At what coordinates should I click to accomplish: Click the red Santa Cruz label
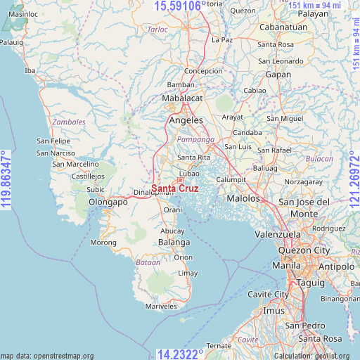click(x=174, y=188)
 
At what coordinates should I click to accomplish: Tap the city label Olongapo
click(x=108, y=202)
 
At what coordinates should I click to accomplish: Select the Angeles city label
click(x=186, y=120)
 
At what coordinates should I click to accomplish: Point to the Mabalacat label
click(x=182, y=98)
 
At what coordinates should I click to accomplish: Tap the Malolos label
click(x=240, y=199)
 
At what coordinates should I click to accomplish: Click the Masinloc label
click(x=23, y=14)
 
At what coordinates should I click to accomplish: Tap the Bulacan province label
click(x=320, y=160)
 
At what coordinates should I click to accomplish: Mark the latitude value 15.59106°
click(x=180, y=6)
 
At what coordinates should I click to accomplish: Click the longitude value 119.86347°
click(x=6, y=179)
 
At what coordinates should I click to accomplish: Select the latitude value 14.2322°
click(x=180, y=354)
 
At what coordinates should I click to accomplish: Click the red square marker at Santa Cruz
click(x=180, y=180)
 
